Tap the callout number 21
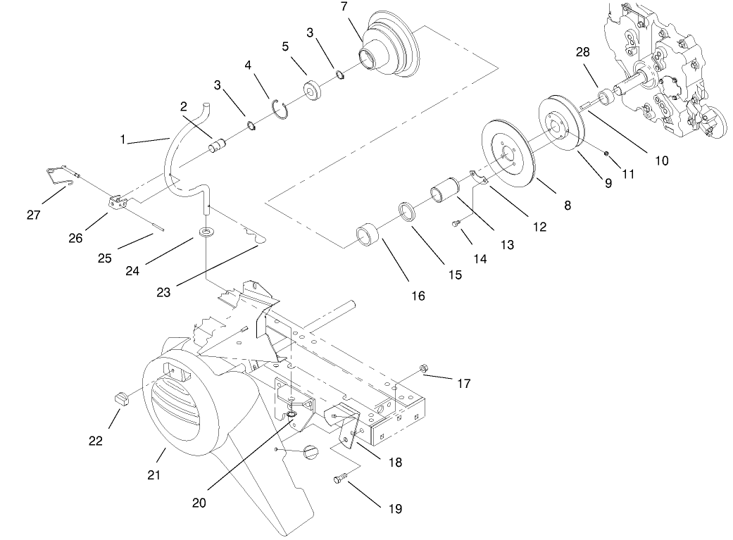[x=154, y=475]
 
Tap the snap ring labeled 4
[x=282, y=111]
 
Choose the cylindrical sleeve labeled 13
[x=444, y=192]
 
